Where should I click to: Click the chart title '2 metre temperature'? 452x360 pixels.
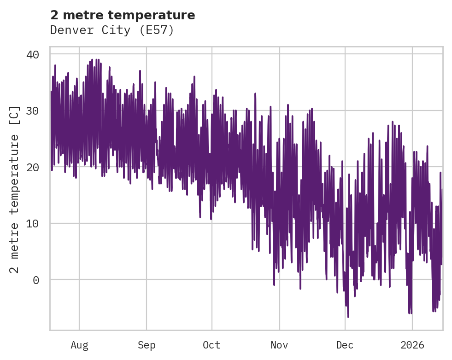[123, 15]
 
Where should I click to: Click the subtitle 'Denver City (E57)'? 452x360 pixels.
[112, 30]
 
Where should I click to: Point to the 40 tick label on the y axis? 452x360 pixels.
[32, 54]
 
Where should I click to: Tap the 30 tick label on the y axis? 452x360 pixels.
[32, 111]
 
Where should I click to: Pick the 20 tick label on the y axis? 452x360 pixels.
[32, 167]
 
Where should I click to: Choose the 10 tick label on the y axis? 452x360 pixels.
[32, 223]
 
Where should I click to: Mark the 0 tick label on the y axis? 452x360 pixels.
[36, 280]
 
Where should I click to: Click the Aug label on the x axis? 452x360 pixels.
[79, 345]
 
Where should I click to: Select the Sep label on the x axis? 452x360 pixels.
[147, 345]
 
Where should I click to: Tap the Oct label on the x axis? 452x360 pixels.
[211, 345]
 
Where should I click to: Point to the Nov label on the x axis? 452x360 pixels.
[279, 345]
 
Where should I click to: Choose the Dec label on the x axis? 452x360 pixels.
[345, 345]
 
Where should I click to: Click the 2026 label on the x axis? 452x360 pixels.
[412, 345]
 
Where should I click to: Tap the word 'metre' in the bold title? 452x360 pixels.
[81, 15]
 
